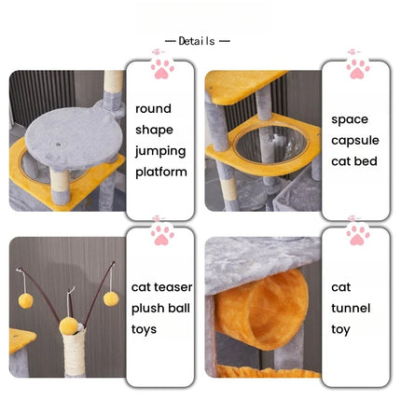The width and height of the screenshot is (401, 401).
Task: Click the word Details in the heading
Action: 197,41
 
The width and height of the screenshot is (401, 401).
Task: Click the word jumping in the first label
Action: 160,151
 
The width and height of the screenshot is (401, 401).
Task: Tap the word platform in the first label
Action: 161,172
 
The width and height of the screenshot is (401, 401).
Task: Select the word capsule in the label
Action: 355,141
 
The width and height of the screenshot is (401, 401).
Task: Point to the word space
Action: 350,119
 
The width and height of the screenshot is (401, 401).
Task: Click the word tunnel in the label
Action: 351,308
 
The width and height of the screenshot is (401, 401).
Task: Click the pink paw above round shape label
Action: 162,68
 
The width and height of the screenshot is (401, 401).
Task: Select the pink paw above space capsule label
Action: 358,68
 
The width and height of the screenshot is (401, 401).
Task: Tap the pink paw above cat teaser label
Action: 162,235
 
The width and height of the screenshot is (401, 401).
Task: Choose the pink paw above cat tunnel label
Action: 358,235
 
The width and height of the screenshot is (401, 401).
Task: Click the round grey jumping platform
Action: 74,137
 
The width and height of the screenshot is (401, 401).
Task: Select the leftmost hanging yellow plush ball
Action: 25,301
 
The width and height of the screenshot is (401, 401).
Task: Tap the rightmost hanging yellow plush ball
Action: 111,299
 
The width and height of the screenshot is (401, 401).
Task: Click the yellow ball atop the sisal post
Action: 67,325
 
